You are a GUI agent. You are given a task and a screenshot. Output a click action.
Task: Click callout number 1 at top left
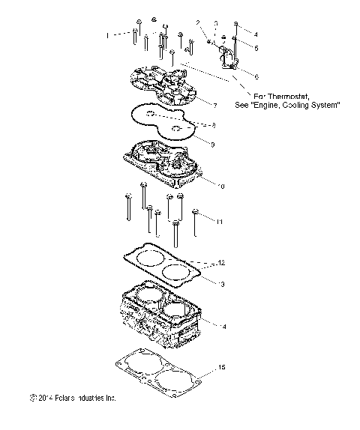click(107, 35)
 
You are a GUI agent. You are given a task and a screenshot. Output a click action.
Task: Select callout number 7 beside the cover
click(214, 104)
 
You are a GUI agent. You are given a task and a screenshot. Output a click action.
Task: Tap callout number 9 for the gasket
click(213, 143)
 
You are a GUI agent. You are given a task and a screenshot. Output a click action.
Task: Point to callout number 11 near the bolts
click(220, 222)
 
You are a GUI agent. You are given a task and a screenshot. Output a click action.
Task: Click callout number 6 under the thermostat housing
click(256, 76)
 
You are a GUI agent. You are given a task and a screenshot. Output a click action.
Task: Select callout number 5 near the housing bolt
click(256, 48)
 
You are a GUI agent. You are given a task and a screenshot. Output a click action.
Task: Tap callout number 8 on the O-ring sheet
click(214, 124)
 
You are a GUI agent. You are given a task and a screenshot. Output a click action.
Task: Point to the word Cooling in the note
click(295, 106)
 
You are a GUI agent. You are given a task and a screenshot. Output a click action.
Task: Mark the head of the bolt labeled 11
click(196, 212)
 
